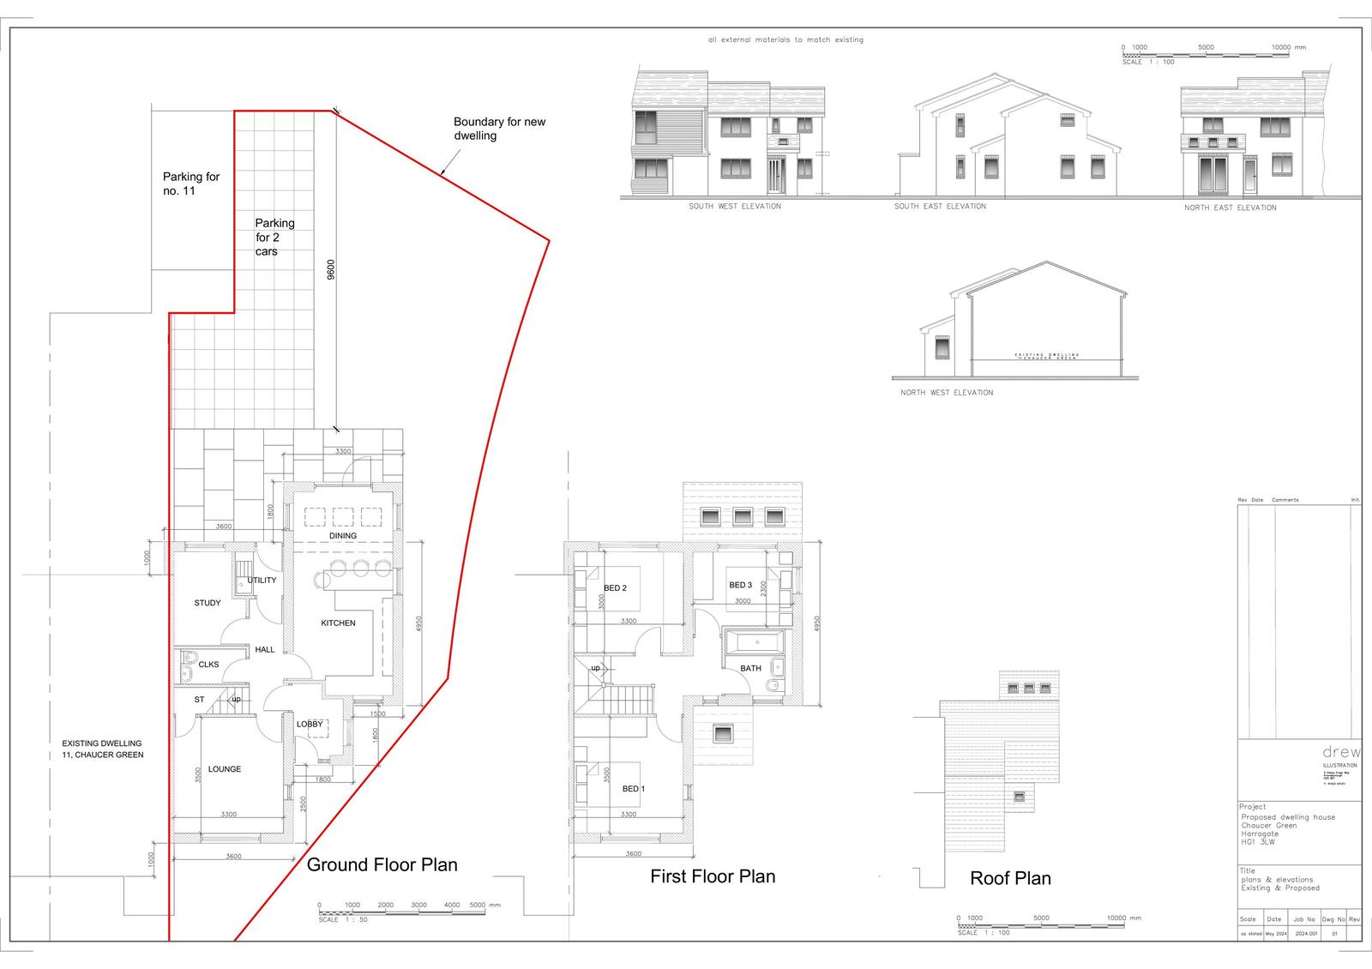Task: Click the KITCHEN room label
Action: (338, 623)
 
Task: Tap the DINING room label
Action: (343, 536)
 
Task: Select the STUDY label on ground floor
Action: (208, 603)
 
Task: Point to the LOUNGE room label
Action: (225, 769)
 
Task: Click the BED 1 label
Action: (634, 789)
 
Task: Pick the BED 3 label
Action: (740, 585)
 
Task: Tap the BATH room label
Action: (750, 668)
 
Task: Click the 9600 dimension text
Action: (331, 269)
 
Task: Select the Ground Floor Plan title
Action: (382, 864)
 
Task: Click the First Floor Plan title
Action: (713, 876)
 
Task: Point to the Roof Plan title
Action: (1010, 878)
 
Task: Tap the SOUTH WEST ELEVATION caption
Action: (735, 207)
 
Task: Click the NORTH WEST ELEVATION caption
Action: (947, 393)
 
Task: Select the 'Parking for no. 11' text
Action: (191, 184)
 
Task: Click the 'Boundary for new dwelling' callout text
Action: (499, 129)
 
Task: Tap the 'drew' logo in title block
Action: (1341, 752)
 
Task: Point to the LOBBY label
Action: (310, 725)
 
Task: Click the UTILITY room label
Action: (262, 581)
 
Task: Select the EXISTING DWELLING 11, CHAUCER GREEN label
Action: (102, 749)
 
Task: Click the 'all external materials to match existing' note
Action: (785, 40)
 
